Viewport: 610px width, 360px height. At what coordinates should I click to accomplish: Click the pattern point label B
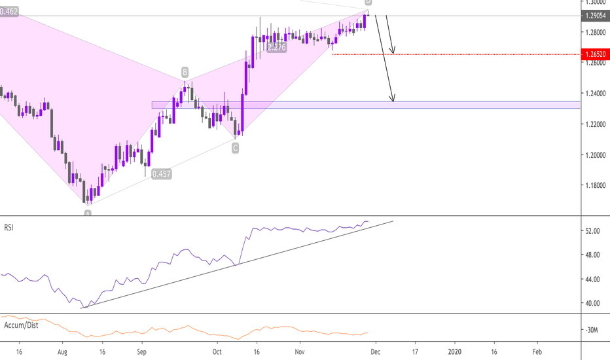(x=185, y=71)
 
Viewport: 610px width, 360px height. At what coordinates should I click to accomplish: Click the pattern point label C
(x=235, y=149)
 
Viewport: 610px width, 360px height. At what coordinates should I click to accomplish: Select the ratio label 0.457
(x=161, y=174)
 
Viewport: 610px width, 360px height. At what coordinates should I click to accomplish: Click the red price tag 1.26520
(x=594, y=54)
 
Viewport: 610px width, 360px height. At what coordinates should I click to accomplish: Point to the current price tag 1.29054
(x=594, y=16)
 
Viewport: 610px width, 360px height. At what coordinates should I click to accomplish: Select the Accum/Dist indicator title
(x=20, y=325)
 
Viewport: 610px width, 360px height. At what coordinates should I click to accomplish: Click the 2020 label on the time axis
(x=455, y=351)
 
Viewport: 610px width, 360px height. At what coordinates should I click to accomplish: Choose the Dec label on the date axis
(x=374, y=351)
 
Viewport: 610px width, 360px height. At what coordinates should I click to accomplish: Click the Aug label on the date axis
(x=63, y=351)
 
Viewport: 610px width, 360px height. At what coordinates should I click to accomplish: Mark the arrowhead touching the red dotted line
(x=393, y=52)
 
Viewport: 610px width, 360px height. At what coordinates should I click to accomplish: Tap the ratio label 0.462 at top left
(x=9, y=11)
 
